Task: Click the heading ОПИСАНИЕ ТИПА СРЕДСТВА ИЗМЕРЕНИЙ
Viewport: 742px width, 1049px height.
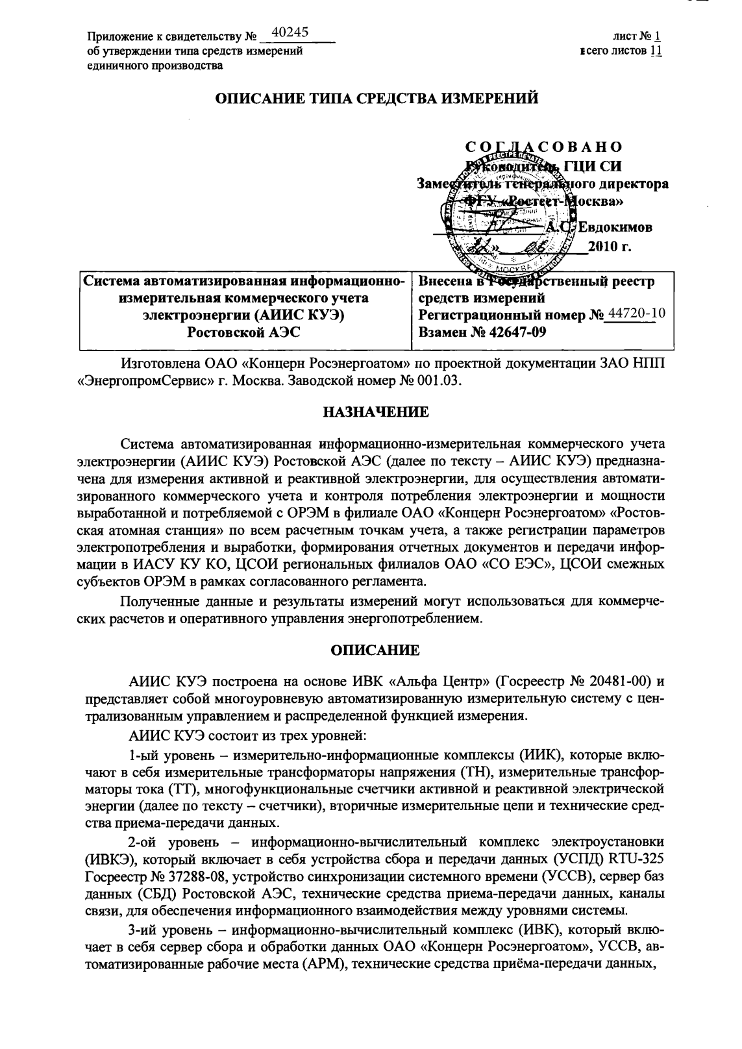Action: tap(377, 99)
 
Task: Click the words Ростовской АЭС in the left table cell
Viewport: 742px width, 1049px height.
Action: tap(243, 332)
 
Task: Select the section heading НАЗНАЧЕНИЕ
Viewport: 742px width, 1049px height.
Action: tap(376, 412)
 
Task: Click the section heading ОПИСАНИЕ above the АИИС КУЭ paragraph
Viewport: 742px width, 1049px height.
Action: tap(376, 650)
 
